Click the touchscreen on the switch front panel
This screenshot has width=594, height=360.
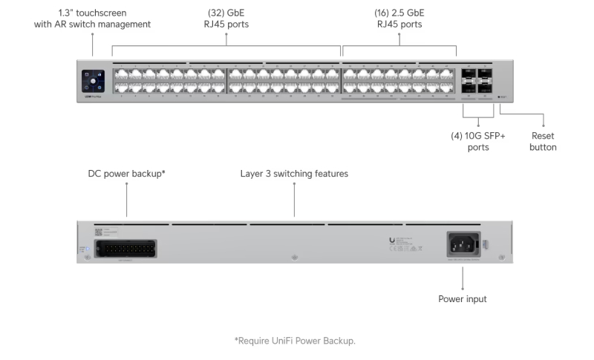click(93, 78)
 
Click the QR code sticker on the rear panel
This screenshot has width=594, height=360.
click(99, 232)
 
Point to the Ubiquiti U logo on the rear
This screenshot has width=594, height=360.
click(391, 240)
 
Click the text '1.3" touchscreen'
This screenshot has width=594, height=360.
click(92, 13)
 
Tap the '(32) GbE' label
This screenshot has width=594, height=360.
click(228, 13)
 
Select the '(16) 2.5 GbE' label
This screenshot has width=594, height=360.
click(399, 13)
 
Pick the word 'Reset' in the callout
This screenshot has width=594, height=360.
click(543, 136)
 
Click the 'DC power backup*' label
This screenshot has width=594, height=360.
click(126, 174)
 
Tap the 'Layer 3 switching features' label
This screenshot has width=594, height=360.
click(294, 174)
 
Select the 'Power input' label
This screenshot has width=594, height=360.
click(463, 299)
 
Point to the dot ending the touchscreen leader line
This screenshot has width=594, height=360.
click(93, 57)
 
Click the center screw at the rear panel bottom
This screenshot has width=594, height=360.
click(295, 257)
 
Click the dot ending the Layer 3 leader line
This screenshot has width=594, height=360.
click(294, 216)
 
